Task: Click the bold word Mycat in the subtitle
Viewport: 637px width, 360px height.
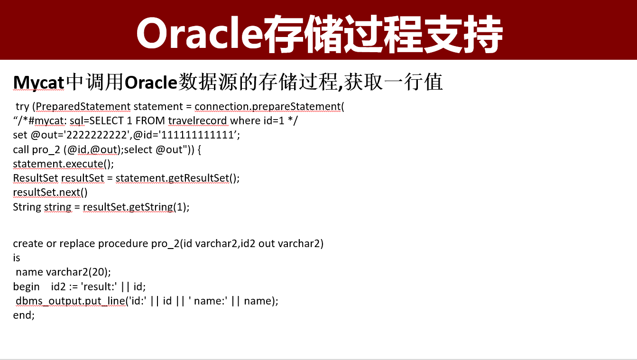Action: [38, 83]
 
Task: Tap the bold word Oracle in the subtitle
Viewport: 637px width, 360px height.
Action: [150, 83]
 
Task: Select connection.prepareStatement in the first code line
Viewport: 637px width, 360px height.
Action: [268, 106]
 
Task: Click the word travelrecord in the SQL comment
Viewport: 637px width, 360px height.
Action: [204, 120]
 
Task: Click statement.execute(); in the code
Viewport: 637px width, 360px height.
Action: [64, 164]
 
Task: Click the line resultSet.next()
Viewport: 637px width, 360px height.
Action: [50, 193]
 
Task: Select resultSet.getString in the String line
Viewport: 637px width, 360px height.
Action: [128, 207]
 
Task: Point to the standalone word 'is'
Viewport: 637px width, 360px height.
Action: [17, 258]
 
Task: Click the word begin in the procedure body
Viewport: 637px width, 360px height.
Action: [26, 286]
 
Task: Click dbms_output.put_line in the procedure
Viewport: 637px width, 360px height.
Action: [70, 301]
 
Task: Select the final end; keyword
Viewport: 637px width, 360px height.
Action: [24, 315]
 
